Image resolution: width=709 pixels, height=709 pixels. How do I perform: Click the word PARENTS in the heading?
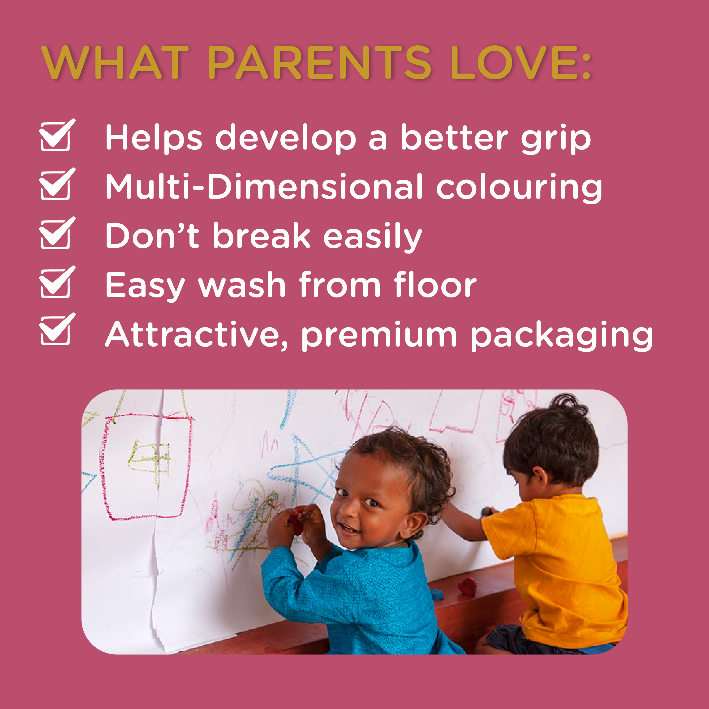[x=319, y=62]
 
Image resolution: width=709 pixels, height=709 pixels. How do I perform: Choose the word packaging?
[x=562, y=335]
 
